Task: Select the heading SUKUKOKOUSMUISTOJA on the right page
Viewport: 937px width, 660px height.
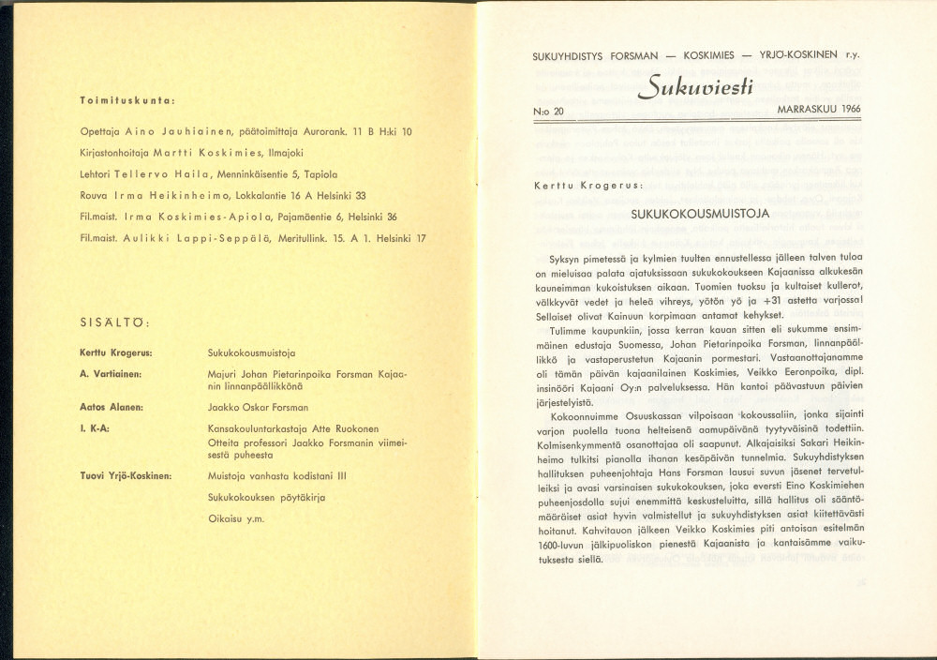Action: [x=701, y=214]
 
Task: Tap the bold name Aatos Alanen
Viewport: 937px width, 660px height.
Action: [x=111, y=407]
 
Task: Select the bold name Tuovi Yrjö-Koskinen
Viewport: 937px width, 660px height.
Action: [x=126, y=475]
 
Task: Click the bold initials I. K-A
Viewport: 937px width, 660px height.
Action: [x=97, y=428]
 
